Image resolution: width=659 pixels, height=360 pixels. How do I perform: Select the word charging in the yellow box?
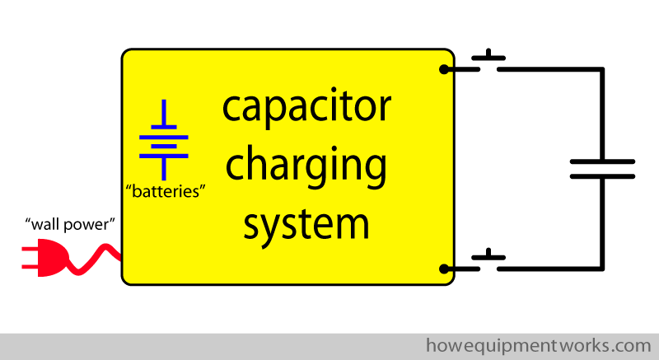(x=306, y=166)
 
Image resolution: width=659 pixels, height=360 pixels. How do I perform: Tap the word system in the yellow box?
(x=306, y=226)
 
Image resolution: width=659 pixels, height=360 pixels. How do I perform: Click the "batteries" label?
(x=166, y=192)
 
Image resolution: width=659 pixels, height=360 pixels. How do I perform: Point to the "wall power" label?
(x=70, y=224)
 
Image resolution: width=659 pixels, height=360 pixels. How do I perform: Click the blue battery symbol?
(x=163, y=140)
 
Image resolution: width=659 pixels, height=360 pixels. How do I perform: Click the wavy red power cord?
(x=94, y=259)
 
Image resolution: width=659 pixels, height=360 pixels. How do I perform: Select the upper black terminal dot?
(x=444, y=69)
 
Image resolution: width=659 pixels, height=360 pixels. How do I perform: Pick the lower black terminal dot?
(x=444, y=269)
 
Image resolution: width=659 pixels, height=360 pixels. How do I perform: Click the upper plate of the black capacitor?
(x=602, y=161)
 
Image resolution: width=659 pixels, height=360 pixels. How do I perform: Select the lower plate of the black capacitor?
(x=602, y=176)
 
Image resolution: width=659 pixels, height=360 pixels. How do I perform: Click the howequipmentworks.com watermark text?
(x=539, y=346)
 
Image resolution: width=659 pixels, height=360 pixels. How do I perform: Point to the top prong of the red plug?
(x=30, y=250)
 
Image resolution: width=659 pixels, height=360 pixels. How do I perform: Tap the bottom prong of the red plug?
(x=30, y=265)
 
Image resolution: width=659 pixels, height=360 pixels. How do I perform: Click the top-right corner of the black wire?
(x=602, y=69)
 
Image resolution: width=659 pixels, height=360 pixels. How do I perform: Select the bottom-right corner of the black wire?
(x=602, y=269)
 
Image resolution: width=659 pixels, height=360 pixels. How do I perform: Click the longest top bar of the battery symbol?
(x=163, y=138)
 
